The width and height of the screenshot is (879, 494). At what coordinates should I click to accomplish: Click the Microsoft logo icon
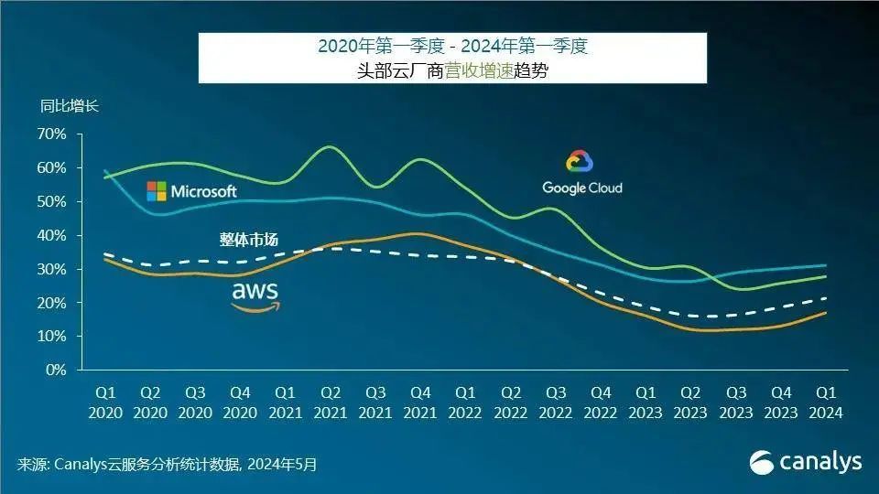click(157, 191)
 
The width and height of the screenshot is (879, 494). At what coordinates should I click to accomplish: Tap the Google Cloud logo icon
click(580, 162)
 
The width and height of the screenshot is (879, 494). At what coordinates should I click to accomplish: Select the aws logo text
click(255, 292)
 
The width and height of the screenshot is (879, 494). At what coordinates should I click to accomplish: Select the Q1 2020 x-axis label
click(105, 403)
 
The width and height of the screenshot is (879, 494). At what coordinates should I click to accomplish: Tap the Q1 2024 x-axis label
click(825, 403)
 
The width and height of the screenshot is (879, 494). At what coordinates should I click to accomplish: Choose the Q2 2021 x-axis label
click(330, 403)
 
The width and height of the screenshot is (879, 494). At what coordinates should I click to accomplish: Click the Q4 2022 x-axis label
click(600, 403)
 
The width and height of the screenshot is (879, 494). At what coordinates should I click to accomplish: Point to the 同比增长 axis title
click(69, 105)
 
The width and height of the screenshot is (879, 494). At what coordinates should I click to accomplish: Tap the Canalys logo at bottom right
click(806, 462)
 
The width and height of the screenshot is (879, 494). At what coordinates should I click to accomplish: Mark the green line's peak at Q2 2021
click(331, 146)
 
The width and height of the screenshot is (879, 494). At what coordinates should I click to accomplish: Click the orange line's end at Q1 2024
click(826, 313)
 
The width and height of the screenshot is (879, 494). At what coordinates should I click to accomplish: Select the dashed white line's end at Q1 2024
click(826, 298)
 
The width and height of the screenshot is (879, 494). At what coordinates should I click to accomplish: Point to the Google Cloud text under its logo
click(581, 188)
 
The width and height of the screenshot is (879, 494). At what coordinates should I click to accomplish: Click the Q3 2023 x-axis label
click(735, 403)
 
